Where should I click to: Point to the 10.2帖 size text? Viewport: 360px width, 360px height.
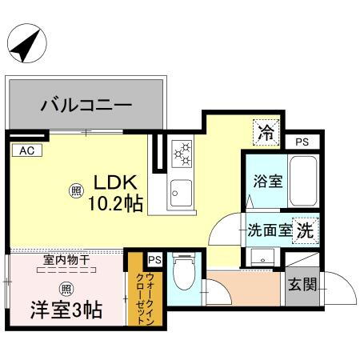[x=115, y=203]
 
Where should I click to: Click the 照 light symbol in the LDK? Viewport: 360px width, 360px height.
[x=76, y=190]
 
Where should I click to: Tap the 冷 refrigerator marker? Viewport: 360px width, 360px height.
[x=265, y=131]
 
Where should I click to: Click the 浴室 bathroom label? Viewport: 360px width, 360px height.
[x=266, y=181]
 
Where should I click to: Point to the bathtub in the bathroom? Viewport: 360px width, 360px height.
[x=303, y=181]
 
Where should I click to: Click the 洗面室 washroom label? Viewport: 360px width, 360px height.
[x=269, y=230]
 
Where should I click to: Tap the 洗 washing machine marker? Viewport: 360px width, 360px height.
[x=305, y=230]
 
